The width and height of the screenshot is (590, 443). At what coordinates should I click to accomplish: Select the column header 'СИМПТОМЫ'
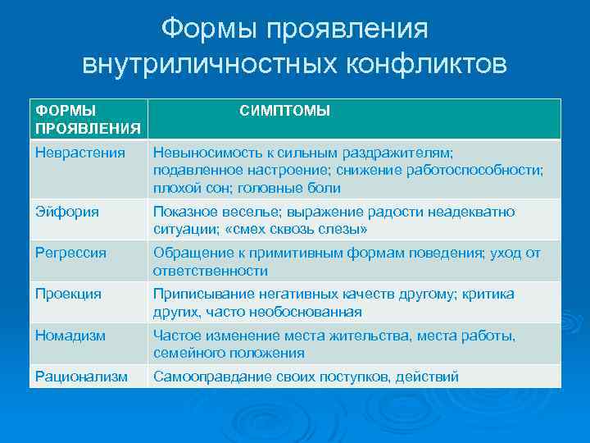tap(284, 111)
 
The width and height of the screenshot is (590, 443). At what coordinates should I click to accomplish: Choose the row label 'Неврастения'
tap(80, 152)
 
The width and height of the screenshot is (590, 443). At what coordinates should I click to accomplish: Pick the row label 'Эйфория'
tap(67, 212)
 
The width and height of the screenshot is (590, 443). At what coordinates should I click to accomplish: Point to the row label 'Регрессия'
tap(70, 253)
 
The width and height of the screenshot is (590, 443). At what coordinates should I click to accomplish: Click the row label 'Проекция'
tap(68, 294)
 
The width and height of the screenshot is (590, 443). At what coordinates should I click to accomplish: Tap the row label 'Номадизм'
tap(70, 335)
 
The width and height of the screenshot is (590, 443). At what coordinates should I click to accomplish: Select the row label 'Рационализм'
tap(81, 377)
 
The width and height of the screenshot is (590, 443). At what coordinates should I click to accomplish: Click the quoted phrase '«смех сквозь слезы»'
tap(296, 230)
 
